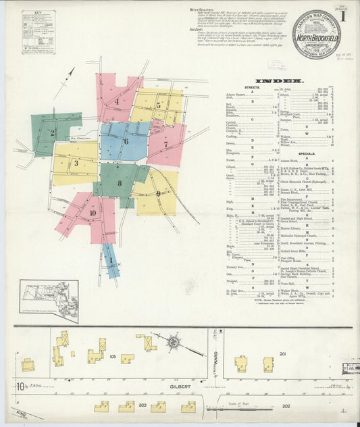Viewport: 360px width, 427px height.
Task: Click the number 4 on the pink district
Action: coord(116,102)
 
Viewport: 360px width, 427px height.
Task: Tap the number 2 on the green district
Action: coord(52,132)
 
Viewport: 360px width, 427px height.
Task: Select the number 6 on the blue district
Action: coord(126,141)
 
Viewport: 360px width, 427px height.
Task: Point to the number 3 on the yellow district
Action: coord(76,163)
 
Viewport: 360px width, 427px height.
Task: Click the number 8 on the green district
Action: coord(120,183)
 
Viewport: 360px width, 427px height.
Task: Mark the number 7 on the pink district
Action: coord(165,145)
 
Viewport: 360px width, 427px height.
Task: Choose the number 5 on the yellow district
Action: coord(158,105)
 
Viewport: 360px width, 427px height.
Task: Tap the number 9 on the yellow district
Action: coord(157,194)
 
